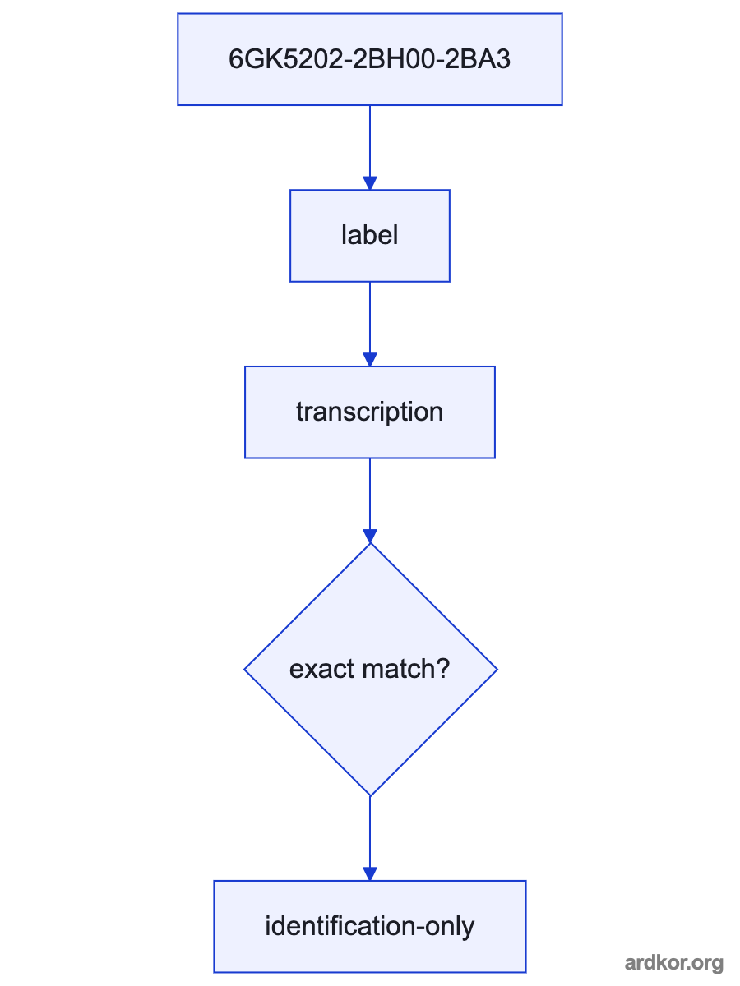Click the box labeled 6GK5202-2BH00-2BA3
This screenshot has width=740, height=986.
(x=370, y=59)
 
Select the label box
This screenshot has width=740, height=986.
(x=370, y=236)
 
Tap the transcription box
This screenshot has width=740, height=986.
(x=370, y=412)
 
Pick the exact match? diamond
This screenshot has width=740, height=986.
(x=371, y=670)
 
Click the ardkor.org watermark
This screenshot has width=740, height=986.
(x=673, y=963)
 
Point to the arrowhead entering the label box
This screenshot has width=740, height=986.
(x=370, y=183)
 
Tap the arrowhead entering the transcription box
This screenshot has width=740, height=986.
(x=370, y=359)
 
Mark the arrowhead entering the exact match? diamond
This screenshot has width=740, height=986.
(x=370, y=536)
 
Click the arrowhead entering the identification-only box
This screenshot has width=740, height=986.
(x=370, y=873)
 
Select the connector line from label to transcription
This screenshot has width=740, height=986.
(x=370, y=325)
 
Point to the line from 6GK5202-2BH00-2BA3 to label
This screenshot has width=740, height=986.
(x=370, y=148)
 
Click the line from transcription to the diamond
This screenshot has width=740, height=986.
(x=370, y=501)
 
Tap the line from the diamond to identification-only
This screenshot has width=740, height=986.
(x=370, y=838)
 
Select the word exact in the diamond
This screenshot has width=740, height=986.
(x=322, y=670)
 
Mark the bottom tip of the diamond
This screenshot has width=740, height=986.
(x=370, y=796)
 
